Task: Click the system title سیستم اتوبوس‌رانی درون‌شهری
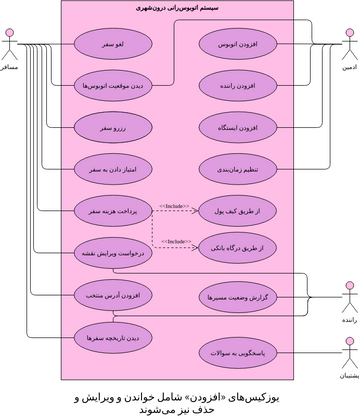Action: [180, 9]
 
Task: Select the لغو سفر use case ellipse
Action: [112, 46]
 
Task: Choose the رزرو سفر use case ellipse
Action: [112, 128]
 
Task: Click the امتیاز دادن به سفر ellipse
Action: [112, 169]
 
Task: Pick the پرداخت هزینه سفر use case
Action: [112, 211]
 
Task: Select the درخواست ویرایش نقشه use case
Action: [112, 254]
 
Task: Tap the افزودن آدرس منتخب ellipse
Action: [112, 296]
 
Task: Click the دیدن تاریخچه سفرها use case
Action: [112, 338]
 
